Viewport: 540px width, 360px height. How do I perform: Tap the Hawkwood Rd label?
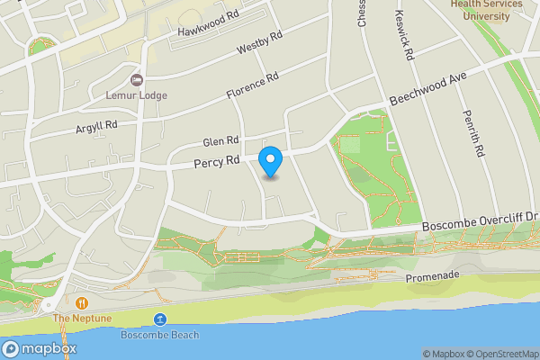(208, 29)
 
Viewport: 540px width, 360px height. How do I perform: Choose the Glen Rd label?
(220, 141)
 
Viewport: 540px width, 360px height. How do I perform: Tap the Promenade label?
(432, 276)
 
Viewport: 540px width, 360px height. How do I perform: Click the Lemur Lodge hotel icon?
(137, 80)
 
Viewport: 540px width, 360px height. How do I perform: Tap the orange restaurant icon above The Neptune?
(81, 303)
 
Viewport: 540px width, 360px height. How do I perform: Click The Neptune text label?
(81, 319)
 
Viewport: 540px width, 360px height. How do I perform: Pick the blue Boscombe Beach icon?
(160, 319)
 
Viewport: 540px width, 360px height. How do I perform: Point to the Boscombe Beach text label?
(160, 335)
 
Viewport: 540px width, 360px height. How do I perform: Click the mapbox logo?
(40, 348)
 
